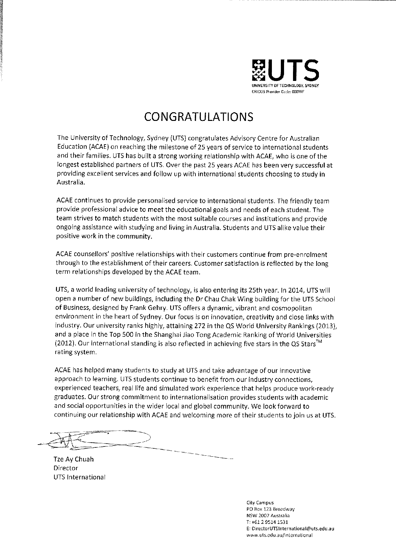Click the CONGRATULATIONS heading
coord(198,117)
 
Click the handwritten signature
coord(96,441)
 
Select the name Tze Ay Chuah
coord(74,459)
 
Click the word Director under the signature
coord(66,468)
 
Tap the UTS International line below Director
coord(79,477)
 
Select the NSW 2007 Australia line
coord(268,516)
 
